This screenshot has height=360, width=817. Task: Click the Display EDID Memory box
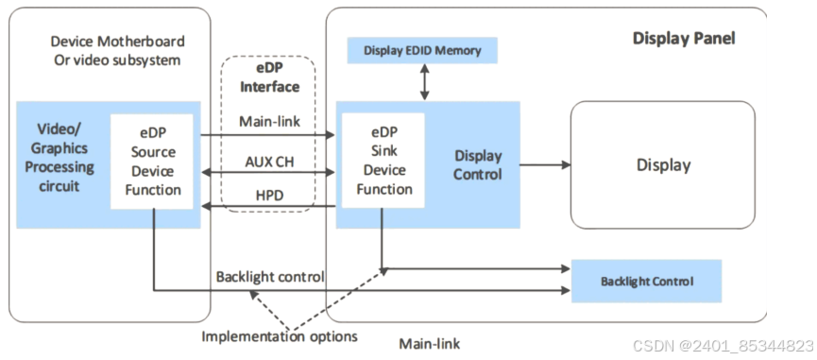click(422, 50)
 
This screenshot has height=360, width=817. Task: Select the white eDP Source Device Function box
click(152, 162)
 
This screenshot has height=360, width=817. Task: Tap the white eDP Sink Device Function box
click(383, 161)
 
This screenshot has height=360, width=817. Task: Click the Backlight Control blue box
click(647, 282)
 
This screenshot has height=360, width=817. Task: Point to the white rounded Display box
click(663, 164)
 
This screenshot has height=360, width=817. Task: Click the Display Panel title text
click(684, 39)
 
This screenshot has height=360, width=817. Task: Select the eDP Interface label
click(269, 78)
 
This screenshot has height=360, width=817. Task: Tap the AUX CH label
click(269, 162)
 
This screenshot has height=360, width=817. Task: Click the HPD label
click(269, 196)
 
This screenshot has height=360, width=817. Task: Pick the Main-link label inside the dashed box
click(269, 121)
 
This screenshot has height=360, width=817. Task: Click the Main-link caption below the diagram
click(430, 344)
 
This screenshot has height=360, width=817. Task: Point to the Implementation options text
click(280, 336)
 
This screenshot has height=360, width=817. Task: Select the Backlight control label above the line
click(270, 276)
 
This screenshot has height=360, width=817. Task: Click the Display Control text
click(478, 164)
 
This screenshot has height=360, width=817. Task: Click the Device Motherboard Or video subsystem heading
click(117, 50)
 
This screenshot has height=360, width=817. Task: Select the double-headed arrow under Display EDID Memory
click(425, 82)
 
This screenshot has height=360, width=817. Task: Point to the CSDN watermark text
click(723, 346)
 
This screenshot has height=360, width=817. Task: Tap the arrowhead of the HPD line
click(206, 207)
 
